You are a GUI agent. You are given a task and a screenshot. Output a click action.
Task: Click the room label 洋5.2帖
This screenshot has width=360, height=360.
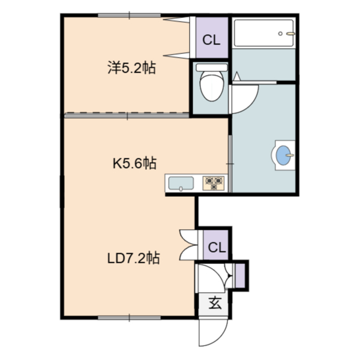[132, 68]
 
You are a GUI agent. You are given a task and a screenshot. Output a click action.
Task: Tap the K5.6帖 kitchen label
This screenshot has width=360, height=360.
[134, 163]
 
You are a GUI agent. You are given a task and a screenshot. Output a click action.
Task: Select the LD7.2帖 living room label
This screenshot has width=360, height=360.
[133, 258]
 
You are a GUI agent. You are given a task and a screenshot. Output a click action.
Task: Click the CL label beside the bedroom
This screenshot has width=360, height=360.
[211, 40]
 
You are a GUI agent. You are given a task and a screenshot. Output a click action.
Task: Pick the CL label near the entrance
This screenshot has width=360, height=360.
[217, 247]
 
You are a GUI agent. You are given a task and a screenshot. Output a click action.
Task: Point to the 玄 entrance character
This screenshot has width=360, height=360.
[215, 303]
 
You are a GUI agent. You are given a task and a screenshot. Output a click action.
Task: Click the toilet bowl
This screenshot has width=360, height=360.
[212, 86]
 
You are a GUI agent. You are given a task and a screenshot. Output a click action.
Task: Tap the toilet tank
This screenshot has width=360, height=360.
[212, 67]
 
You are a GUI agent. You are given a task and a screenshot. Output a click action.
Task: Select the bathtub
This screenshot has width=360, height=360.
[263, 33]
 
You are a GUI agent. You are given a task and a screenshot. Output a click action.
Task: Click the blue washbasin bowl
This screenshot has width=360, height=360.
[283, 155]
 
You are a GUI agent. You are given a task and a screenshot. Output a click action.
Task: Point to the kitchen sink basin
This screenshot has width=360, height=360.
[181, 183]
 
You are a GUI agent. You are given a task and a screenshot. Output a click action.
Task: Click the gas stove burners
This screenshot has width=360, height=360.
[214, 183]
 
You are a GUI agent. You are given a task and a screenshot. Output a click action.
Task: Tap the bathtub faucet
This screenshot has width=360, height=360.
[290, 34]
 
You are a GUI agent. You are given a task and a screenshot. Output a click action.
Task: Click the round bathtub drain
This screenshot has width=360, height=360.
[280, 34]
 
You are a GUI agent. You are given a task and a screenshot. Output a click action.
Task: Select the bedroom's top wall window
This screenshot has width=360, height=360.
[129, 16]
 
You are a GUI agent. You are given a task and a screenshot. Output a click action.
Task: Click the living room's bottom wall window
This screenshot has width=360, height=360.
[129, 318]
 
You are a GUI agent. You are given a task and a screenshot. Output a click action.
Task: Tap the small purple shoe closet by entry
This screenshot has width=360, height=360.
[240, 276]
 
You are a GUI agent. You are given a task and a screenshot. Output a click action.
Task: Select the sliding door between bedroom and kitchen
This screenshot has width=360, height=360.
[127, 115]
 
